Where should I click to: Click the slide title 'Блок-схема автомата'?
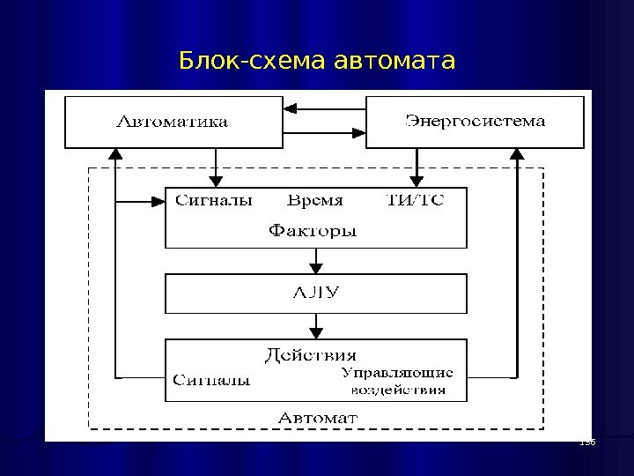point(317,62)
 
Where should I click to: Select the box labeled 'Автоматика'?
point(172,122)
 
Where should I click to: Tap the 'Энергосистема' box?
point(475,121)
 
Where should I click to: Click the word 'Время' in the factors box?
point(315,201)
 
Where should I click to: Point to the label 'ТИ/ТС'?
point(416,201)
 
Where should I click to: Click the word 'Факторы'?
point(313,232)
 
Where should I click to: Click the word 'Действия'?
point(311,355)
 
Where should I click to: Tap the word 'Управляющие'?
point(397,374)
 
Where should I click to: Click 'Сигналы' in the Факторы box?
point(214,201)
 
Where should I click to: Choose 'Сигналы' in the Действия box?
point(211,381)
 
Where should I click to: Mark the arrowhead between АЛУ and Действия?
point(316,333)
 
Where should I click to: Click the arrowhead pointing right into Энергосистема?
point(359,133)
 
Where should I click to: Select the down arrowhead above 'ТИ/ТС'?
point(417,182)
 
